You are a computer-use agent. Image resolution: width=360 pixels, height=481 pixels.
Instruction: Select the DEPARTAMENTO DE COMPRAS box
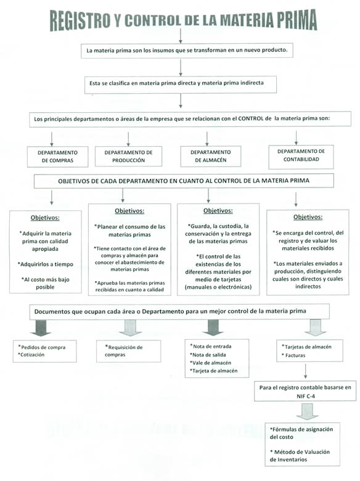(x=58, y=157)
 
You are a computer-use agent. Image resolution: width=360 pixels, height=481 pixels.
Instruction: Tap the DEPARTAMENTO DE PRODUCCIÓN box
(x=128, y=157)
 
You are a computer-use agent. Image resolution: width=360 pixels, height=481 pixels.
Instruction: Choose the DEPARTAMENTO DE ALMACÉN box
(x=211, y=156)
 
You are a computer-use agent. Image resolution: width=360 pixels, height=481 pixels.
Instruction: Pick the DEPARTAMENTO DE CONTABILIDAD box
(x=301, y=157)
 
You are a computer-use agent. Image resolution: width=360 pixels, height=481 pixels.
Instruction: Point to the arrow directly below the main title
(x=181, y=36)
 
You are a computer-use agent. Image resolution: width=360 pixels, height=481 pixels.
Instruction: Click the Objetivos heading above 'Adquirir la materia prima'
(x=45, y=218)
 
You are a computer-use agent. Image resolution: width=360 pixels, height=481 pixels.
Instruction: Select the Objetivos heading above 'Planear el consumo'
(x=129, y=211)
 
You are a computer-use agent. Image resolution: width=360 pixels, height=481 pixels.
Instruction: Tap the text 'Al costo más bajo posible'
(x=46, y=283)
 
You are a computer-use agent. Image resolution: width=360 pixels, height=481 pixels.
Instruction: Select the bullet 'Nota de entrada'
(x=211, y=347)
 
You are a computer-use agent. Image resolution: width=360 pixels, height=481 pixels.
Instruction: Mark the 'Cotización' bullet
(x=31, y=355)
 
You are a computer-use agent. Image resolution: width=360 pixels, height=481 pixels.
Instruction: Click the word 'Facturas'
(x=295, y=356)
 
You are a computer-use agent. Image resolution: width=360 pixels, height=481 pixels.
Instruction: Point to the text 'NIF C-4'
(x=305, y=396)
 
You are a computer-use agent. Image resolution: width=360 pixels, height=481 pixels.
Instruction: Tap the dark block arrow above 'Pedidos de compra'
(x=41, y=327)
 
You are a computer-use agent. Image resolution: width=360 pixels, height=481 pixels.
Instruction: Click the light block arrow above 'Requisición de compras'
(x=130, y=327)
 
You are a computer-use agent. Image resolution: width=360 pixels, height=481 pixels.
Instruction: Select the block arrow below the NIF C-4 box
(x=307, y=411)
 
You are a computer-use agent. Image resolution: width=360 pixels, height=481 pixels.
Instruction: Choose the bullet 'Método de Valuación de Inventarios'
(x=300, y=456)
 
